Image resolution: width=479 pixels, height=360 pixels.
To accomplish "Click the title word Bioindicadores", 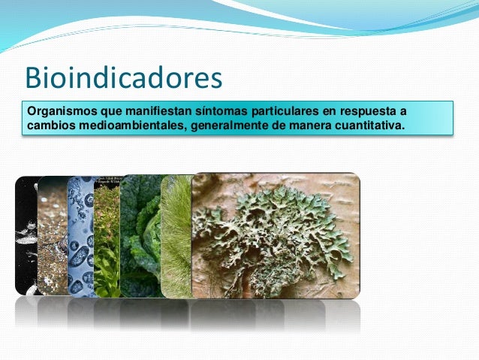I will coord(124,77).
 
